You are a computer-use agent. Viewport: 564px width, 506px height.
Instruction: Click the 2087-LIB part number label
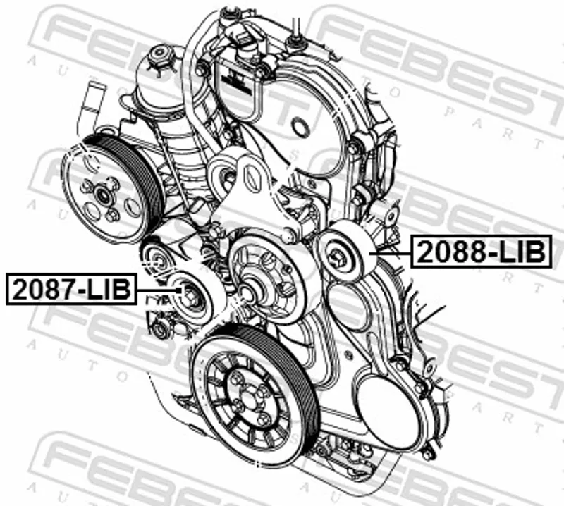71,290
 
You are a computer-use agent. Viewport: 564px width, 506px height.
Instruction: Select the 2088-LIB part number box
482,252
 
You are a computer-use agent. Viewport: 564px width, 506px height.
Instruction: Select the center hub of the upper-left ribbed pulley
103,195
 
